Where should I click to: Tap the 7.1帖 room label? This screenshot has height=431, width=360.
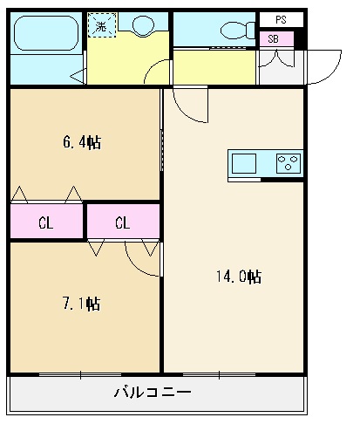coord(82,304)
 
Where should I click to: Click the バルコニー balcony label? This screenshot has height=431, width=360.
coord(153,392)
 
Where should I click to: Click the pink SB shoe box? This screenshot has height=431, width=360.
coord(275,39)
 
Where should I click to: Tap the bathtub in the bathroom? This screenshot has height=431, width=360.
coord(44,35)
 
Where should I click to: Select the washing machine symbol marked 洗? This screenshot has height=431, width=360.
coord(102,27)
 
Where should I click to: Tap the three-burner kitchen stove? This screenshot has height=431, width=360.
coord(288,163)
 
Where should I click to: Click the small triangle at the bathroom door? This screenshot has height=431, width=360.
coord(77,75)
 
